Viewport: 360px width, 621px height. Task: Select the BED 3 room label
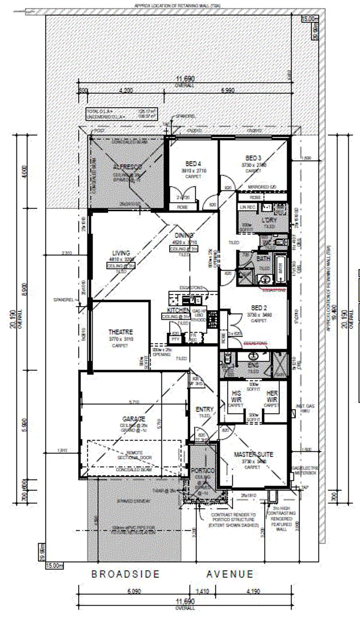[x=253, y=158]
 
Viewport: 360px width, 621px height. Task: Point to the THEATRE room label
[x=121, y=332]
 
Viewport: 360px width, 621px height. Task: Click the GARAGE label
[x=134, y=419]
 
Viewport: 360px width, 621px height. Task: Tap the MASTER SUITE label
[x=253, y=455]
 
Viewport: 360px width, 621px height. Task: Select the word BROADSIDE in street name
[x=125, y=574]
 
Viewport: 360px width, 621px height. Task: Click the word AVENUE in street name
[x=230, y=574]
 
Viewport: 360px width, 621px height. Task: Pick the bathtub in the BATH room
[x=280, y=268]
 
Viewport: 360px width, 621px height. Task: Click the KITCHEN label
[x=178, y=310]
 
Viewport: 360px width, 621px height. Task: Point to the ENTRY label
[x=204, y=409]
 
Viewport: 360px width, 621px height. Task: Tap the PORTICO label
[x=202, y=471]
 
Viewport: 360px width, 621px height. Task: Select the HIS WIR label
[x=236, y=397]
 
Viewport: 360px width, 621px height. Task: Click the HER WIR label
[x=272, y=397]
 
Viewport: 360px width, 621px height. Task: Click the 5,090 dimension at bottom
[x=134, y=591]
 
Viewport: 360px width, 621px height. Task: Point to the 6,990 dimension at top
[x=228, y=90]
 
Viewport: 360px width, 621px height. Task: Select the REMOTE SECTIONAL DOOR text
[x=135, y=455]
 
